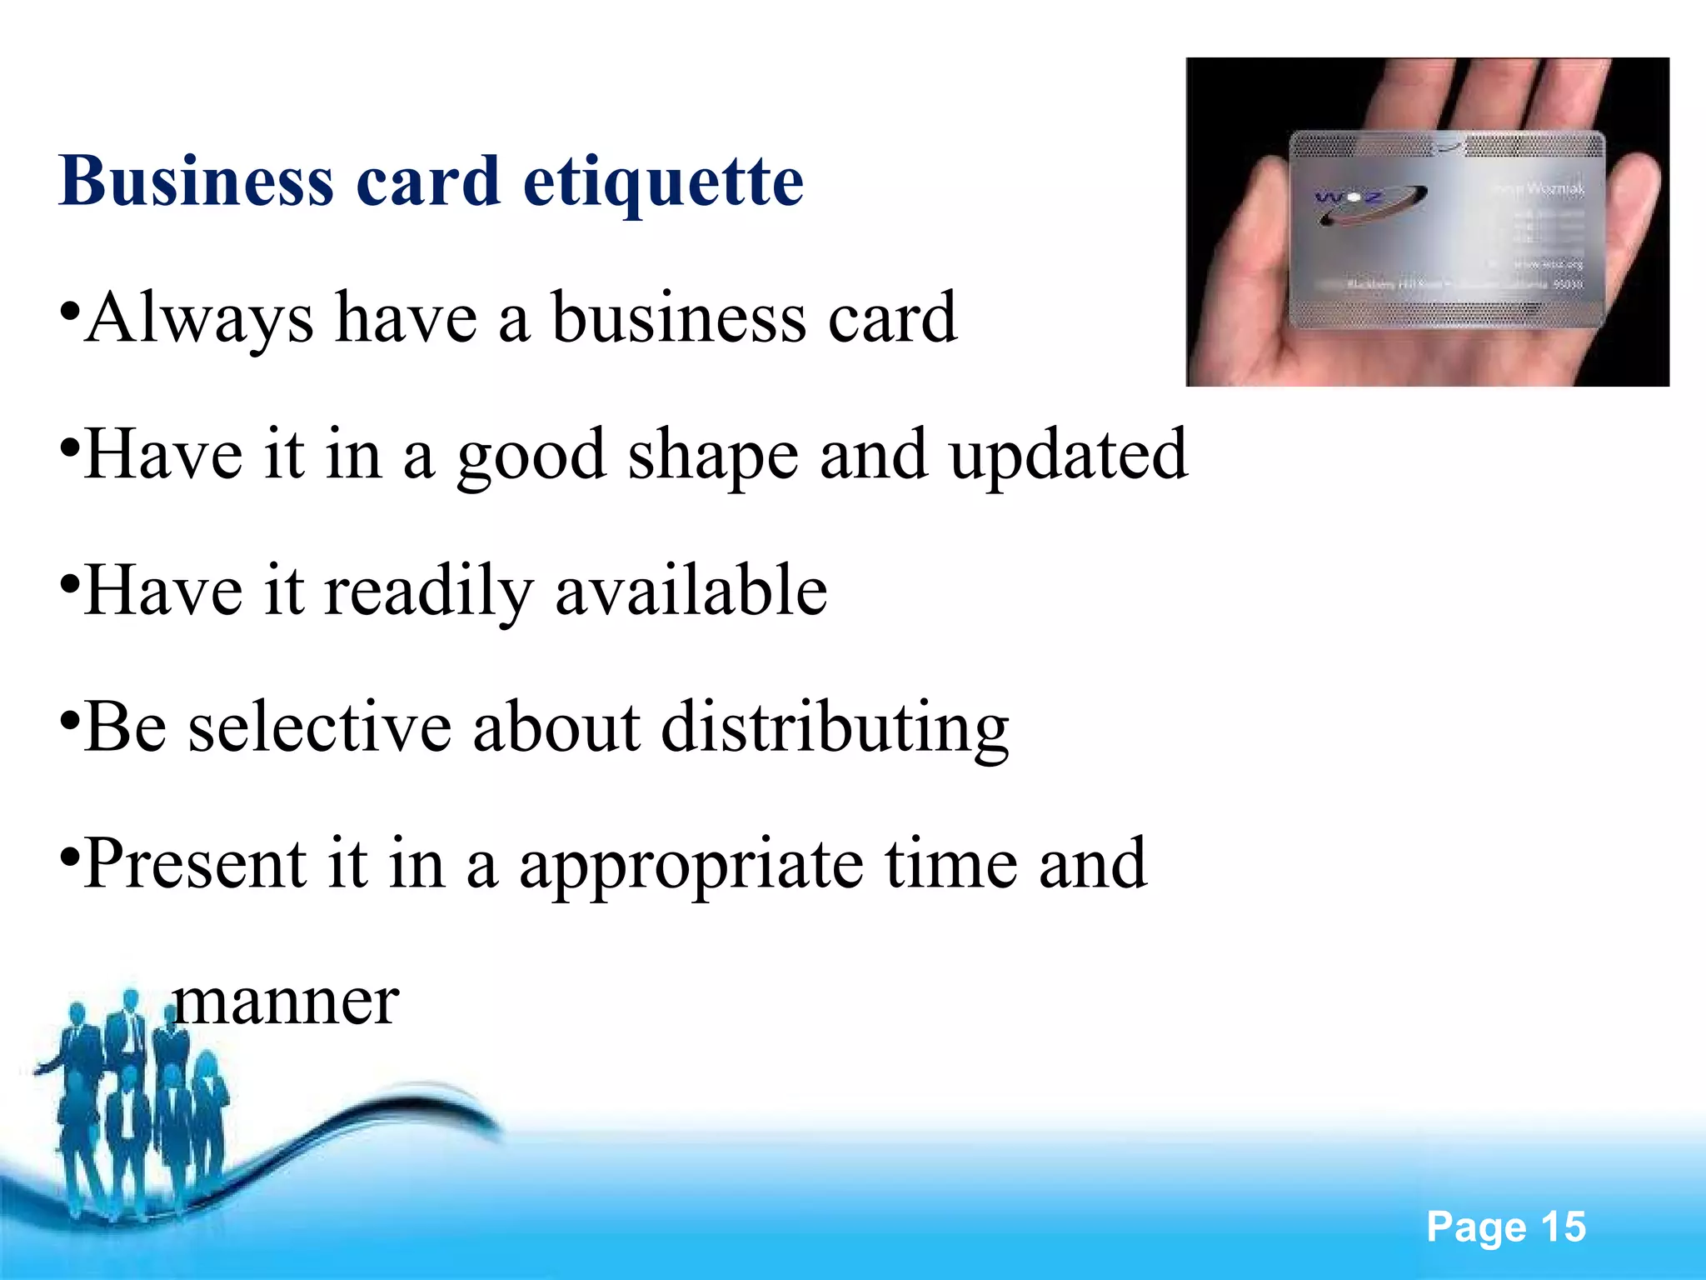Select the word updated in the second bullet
[x=1069, y=457]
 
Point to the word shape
[x=713, y=457]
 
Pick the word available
[x=691, y=591]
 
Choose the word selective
[x=320, y=727]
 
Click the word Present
[x=195, y=864]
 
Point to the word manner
[x=286, y=1001]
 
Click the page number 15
[x=1563, y=1227]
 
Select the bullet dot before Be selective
[x=71, y=718]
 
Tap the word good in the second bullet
[x=531, y=457]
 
